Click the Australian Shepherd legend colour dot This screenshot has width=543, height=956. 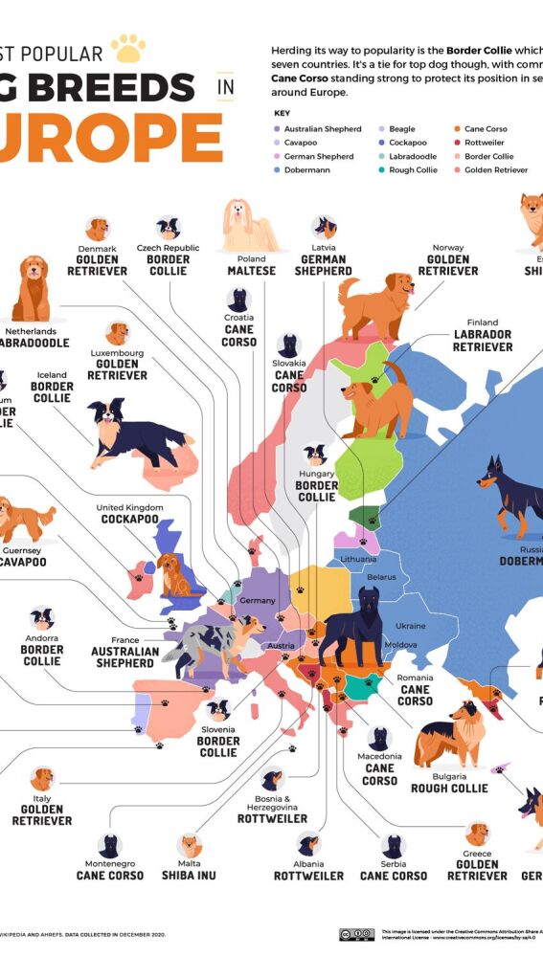(x=277, y=128)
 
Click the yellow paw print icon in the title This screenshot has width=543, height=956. (x=127, y=47)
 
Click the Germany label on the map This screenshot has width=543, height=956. (x=257, y=600)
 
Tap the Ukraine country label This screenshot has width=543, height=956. (x=411, y=626)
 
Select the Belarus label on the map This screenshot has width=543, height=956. (x=381, y=577)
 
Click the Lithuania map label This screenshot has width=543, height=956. (x=358, y=558)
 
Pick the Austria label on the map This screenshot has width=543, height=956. (x=282, y=646)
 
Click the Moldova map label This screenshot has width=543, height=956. (x=400, y=645)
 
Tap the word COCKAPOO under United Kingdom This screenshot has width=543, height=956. (x=129, y=520)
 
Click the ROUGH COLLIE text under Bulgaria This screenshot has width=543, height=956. (x=449, y=789)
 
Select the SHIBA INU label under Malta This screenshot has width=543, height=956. (x=190, y=875)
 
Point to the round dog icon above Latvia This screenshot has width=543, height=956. (x=324, y=227)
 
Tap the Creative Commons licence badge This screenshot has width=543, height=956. (x=356, y=934)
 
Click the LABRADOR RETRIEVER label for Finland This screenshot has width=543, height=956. (x=482, y=341)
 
